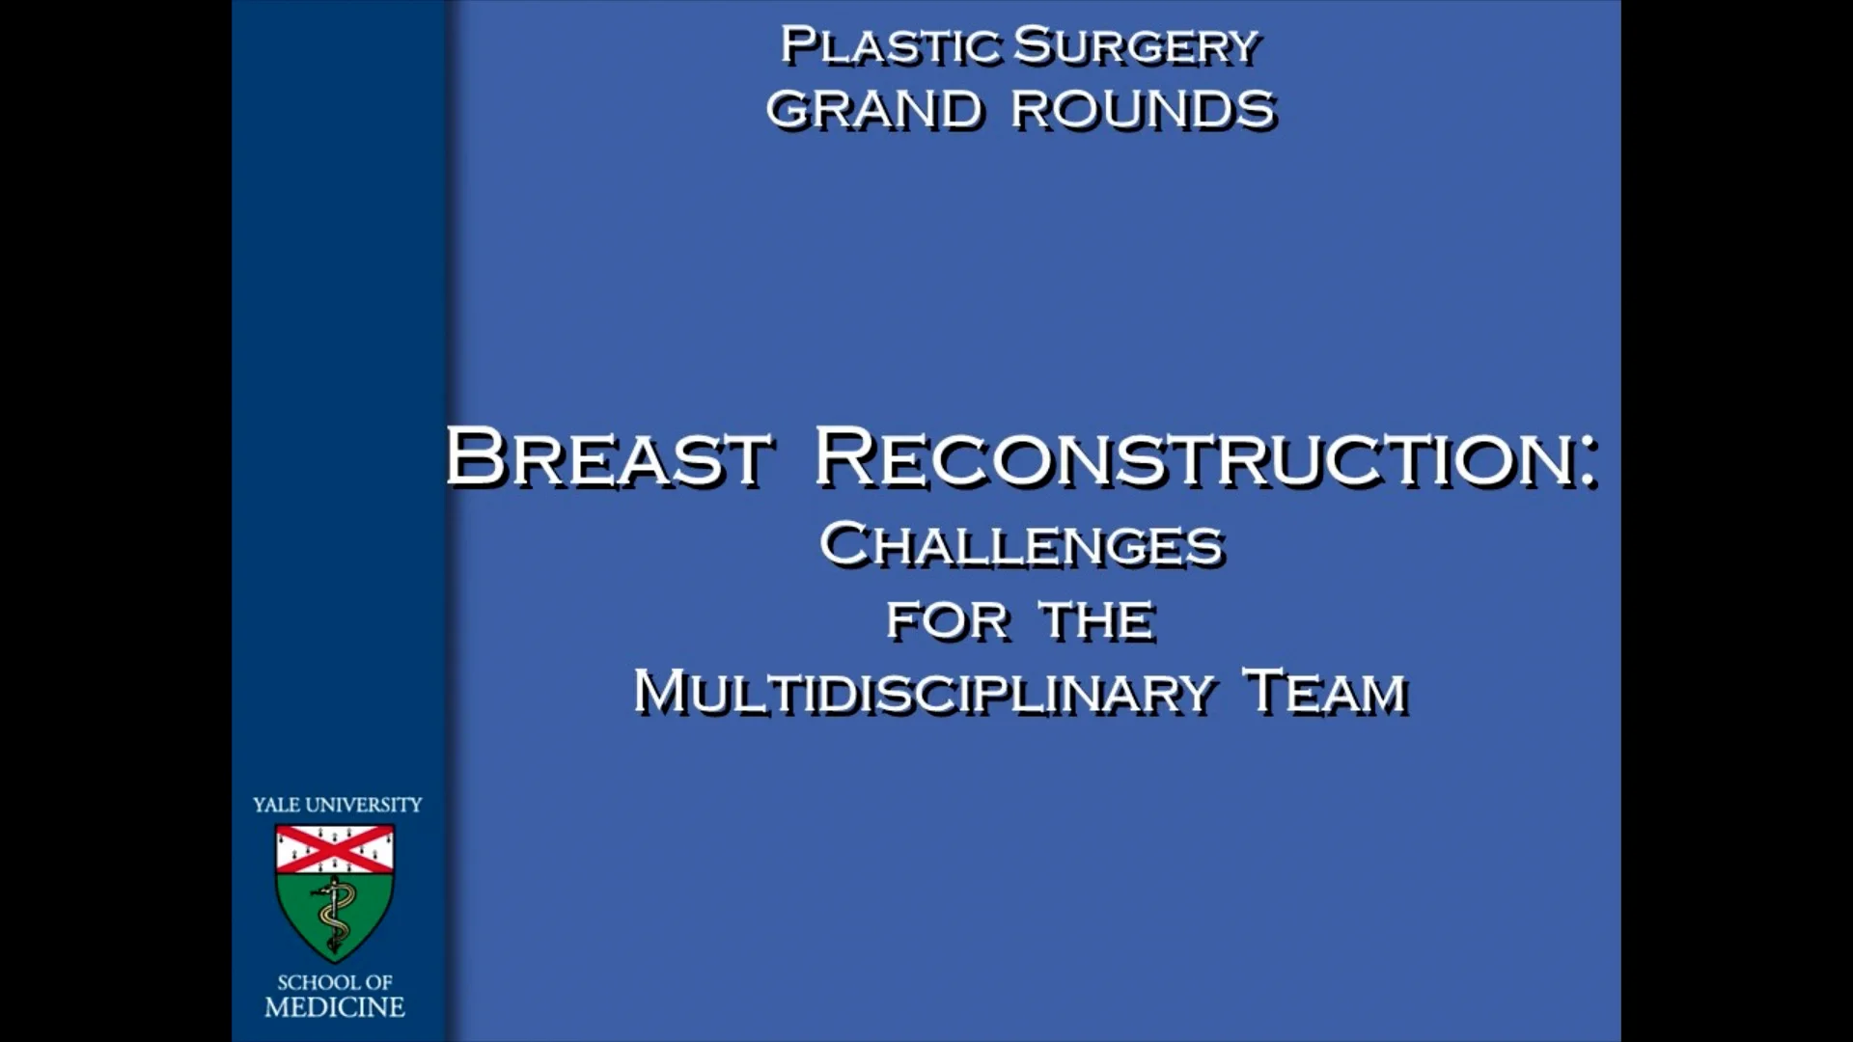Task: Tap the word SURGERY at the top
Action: [1137, 46]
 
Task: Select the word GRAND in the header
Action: [873, 109]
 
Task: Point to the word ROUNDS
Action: [1144, 109]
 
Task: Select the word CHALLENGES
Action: [1021, 544]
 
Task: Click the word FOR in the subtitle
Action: [947, 620]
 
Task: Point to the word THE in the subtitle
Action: [1097, 620]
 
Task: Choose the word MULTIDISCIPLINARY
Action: [923, 692]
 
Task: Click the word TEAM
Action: [1326, 692]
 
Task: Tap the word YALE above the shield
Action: [276, 805]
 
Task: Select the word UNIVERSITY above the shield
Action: [364, 805]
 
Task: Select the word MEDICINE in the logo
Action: [335, 1007]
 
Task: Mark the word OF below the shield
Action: [377, 982]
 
